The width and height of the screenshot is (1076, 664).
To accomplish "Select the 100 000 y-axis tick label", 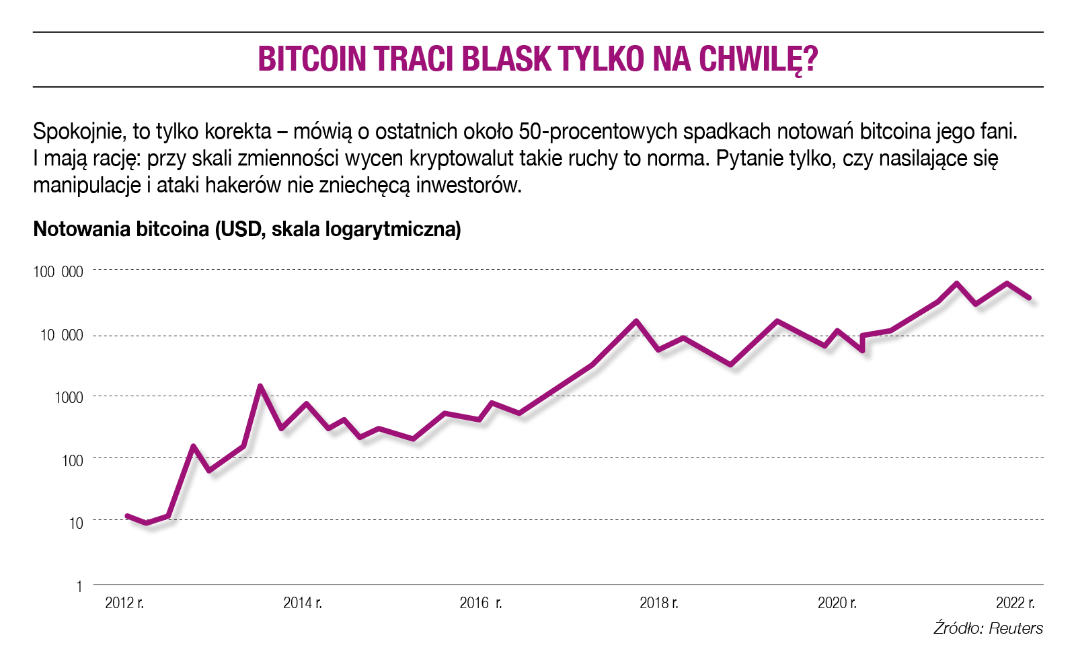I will [x=59, y=272].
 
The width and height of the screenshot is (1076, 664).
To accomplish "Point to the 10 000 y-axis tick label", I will [x=62, y=335].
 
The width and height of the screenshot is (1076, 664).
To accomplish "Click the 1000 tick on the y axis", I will [x=69, y=397].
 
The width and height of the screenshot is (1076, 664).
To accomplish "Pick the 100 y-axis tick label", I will [x=73, y=460].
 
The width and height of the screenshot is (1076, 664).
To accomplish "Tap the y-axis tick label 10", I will [x=76, y=523].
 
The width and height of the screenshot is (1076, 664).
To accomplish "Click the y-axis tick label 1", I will [x=79, y=586].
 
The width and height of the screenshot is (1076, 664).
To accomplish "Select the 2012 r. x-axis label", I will [x=124, y=603].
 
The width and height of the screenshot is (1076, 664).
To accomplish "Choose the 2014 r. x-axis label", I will [x=303, y=603].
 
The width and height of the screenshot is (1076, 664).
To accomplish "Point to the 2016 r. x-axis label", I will [x=480, y=603].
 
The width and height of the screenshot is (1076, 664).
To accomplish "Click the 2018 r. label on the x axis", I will [x=658, y=603].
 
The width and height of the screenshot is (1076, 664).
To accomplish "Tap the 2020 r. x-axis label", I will [x=837, y=603].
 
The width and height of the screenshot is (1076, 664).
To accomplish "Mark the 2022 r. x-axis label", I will [x=1015, y=603].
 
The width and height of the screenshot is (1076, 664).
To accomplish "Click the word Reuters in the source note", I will [x=1015, y=628].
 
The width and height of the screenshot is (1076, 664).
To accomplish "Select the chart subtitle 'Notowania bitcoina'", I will [x=121, y=229].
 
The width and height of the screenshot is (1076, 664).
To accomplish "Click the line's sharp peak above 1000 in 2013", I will [x=260, y=386].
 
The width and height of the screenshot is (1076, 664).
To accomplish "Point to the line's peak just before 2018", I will [x=636, y=322].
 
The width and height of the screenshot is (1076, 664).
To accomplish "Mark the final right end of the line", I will [x=1029, y=297].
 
